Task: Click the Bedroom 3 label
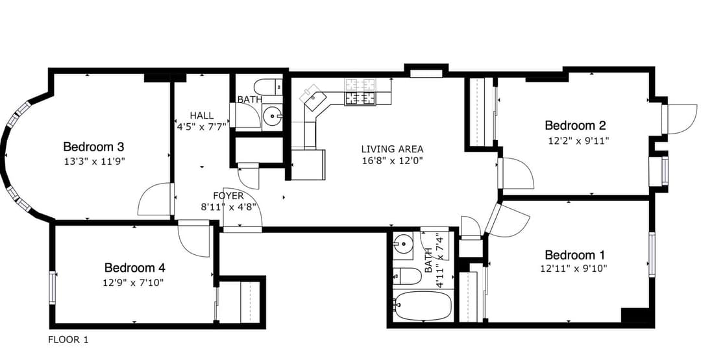[93, 146]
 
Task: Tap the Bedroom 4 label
[139, 267]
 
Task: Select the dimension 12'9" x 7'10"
[133, 282]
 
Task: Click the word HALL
[201, 115]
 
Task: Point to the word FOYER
[228, 196]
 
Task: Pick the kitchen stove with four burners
[360, 98]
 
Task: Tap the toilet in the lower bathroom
[407, 276]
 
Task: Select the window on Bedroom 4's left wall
[53, 287]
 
